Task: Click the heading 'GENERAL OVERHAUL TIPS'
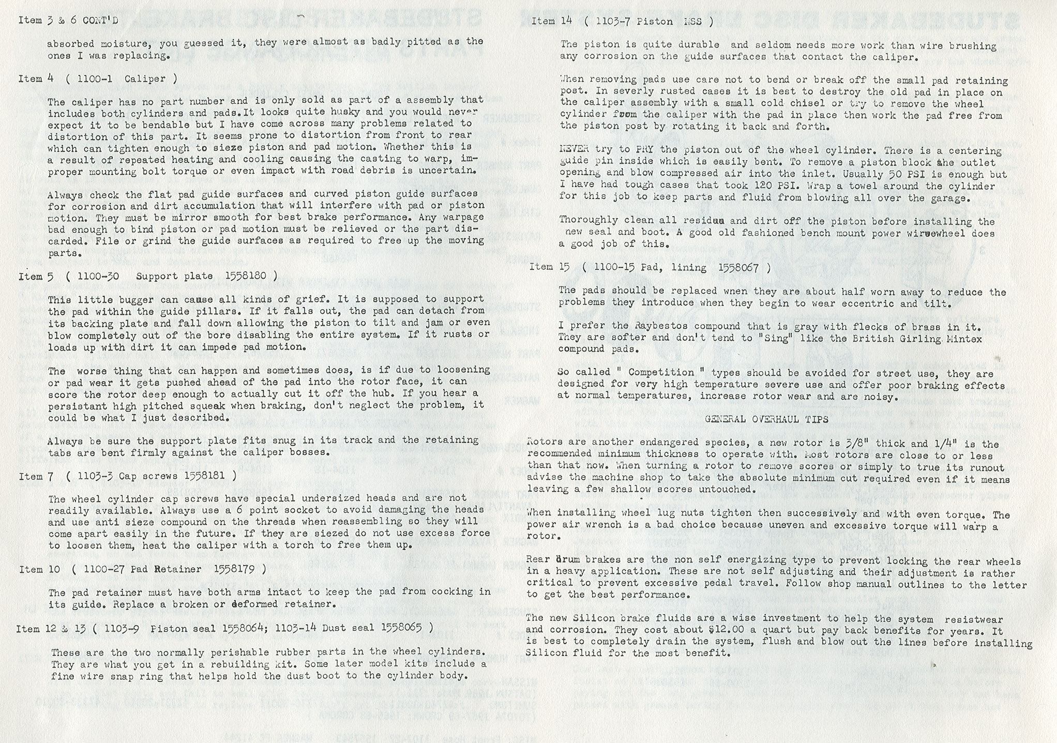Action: pyautogui.click(x=766, y=419)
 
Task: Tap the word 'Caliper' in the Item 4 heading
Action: pyautogui.click(x=148, y=79)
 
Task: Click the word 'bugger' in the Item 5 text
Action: pyautogui.click(x=124, y=299)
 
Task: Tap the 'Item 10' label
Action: pyautogui.click(x=39, y=569)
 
